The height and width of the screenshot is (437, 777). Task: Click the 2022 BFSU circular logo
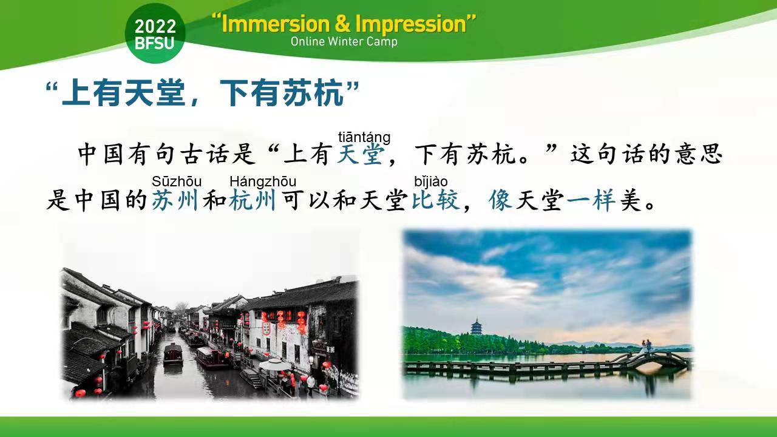coord(155,33)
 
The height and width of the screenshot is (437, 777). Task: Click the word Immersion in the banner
coord(276,24)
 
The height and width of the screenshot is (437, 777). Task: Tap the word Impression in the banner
coord(411,25)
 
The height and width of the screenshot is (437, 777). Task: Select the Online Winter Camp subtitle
coord(344,42)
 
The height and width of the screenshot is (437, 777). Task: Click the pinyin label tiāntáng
coord(364,137)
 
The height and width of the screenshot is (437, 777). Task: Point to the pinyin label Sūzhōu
coord(177,181)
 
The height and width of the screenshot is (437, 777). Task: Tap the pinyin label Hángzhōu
coord(263,181)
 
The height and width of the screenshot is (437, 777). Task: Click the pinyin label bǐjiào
coord(431,181)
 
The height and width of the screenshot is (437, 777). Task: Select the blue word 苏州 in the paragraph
coord(175,200)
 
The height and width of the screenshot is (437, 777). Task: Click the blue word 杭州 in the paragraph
coord(253,200)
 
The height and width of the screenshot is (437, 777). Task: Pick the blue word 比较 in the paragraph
coord(436,200)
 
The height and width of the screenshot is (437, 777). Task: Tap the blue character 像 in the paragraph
coord(501,200)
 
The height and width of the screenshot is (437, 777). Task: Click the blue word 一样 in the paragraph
coord(591,200)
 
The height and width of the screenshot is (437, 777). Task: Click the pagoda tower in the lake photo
coord(476,327)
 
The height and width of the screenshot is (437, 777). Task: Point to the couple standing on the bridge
coord(646,347)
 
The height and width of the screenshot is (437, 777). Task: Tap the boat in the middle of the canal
coord(173,354)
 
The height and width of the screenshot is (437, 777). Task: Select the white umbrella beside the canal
coord(275,365)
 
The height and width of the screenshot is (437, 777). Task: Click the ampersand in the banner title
coord(343,24)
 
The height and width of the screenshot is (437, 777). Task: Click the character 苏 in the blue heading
coord(297,93)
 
